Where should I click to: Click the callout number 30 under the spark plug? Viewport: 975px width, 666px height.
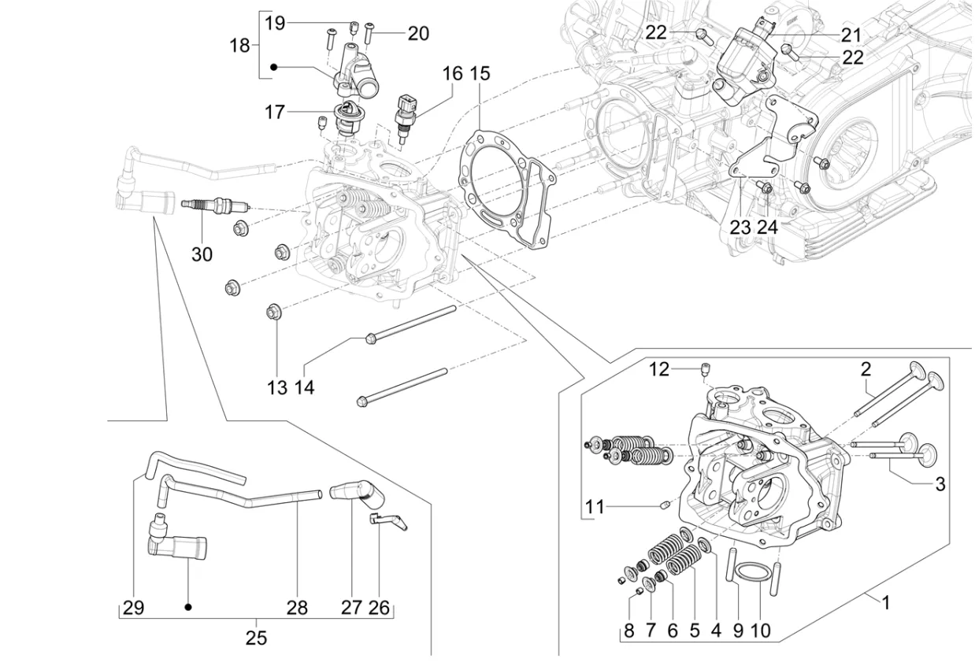pos(202,254)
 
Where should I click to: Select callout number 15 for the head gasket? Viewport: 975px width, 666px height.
pos(480,74)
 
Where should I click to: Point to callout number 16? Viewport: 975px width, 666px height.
pos(453,74)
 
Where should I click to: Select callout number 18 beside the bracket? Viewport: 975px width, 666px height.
pos(239,46)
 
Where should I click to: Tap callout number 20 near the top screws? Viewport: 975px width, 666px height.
pos(417,33)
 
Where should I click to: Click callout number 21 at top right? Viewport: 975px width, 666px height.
pos(851,35)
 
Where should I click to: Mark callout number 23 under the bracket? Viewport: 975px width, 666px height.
pos(740,228)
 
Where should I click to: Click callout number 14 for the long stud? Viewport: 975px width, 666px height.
pos(305,387)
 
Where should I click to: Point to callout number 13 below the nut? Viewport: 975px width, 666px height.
pos(276,387)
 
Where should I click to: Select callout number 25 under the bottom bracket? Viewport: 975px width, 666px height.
pos(256,638)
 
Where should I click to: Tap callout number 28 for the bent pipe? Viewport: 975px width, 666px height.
pos(297,607)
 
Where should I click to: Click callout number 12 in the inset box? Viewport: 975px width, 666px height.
pos(658,368)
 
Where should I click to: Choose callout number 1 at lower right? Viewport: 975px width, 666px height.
pos(885,604)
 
